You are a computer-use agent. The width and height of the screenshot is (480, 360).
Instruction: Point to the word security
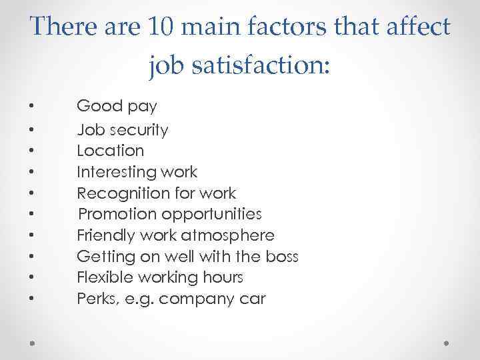click(137, 129)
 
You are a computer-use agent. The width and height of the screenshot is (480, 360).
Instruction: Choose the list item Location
click(110, 151)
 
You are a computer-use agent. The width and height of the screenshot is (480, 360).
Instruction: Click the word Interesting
click(118, 172)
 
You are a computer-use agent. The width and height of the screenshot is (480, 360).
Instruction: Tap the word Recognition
click(119, 193)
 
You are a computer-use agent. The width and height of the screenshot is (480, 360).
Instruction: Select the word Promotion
click(117, 214)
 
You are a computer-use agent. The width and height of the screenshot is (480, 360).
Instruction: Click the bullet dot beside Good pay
click(31, 107)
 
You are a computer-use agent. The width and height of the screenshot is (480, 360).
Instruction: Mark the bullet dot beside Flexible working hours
click(31, 278)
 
